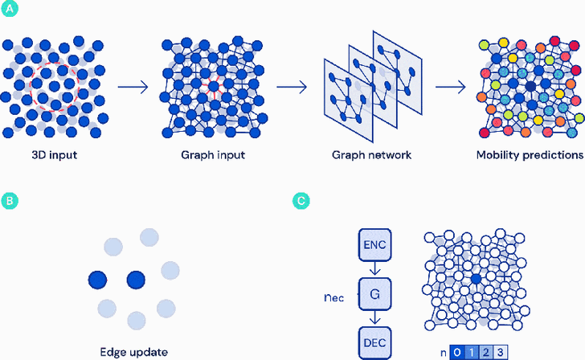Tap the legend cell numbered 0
click(x=456, y=351)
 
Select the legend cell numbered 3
click(x=499, y=351)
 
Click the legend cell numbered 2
click(x=485, y=351)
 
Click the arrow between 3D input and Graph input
click(x=132, y=85)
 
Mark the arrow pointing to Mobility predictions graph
click(x=453, y=85)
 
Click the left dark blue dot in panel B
click(x=99, y=280)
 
